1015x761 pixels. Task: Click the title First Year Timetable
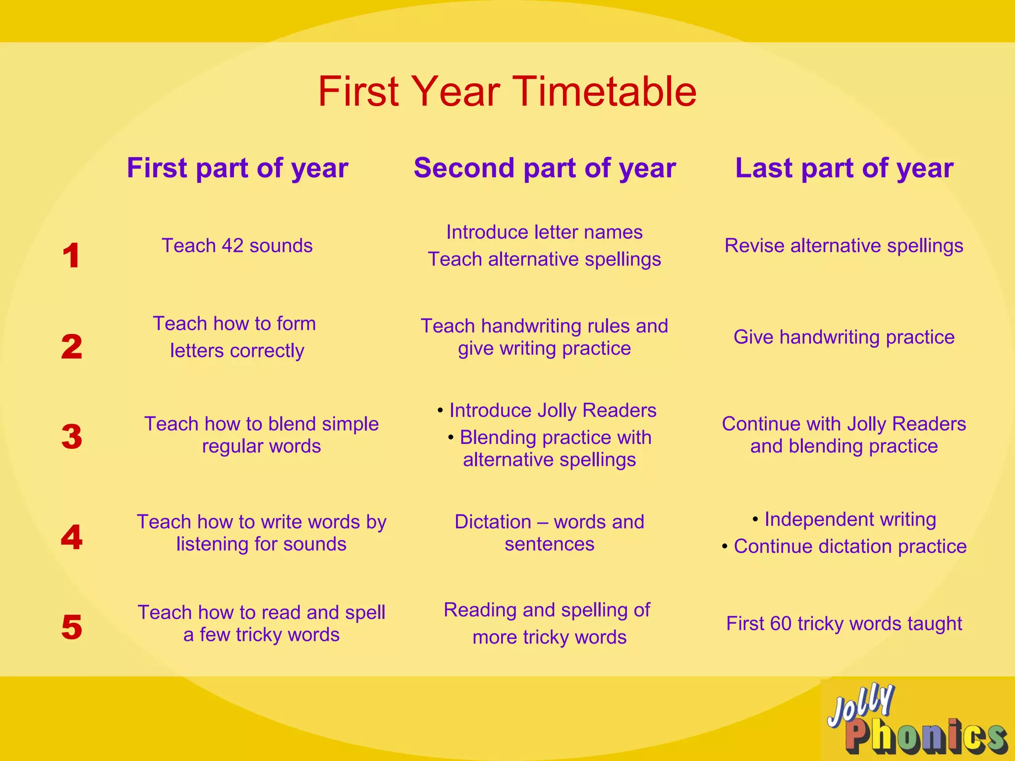[x=507, y=92]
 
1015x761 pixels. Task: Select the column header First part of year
[x=237, y=168]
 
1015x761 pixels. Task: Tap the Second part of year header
[x=545, y=168]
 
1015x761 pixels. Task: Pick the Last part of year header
[x=844, y=168]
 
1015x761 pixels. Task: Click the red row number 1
[x=72, y=256]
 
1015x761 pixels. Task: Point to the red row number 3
[x=72, y=437]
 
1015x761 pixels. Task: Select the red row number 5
[x=72, y=627]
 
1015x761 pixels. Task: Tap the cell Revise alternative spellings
[x=844, y=246]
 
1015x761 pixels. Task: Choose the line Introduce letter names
[x=544, y=232]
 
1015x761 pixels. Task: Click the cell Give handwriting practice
[x=844, y=337]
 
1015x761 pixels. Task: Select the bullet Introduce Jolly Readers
[x=552, y=410]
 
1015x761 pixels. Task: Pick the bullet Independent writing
[x=849, y=519]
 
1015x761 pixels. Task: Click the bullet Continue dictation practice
[x=849, y=546]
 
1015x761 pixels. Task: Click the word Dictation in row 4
[x=493, y=522]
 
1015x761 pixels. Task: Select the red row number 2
[x=72, y=346]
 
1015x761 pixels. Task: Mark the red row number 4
[x=72, y=537]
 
